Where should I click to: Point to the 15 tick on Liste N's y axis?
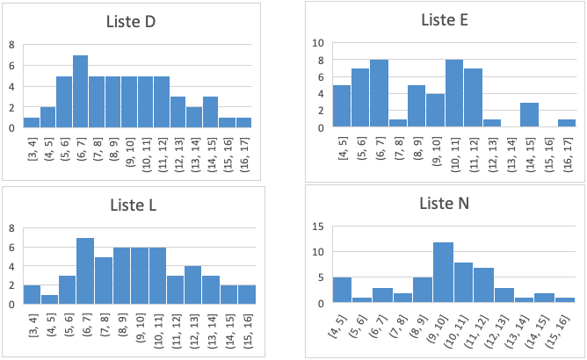[319, 227]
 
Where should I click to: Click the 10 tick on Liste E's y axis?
[319, 43]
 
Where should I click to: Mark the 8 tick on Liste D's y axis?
[11, 44]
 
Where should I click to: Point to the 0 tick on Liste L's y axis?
[11, 305]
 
